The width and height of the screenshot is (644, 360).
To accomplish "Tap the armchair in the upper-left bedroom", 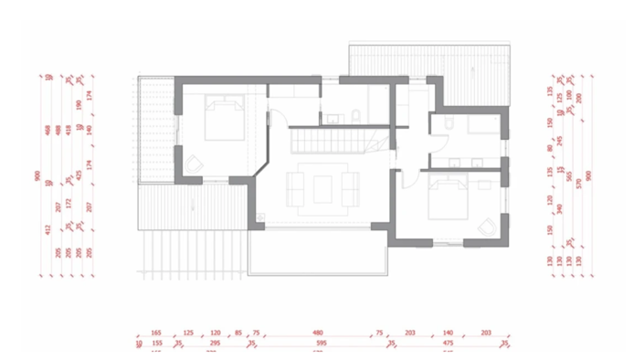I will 194,163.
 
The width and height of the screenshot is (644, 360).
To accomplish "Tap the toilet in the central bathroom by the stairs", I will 354,115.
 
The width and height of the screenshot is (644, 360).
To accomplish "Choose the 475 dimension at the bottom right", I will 449,344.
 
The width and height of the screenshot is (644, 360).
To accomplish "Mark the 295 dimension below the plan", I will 216,344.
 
